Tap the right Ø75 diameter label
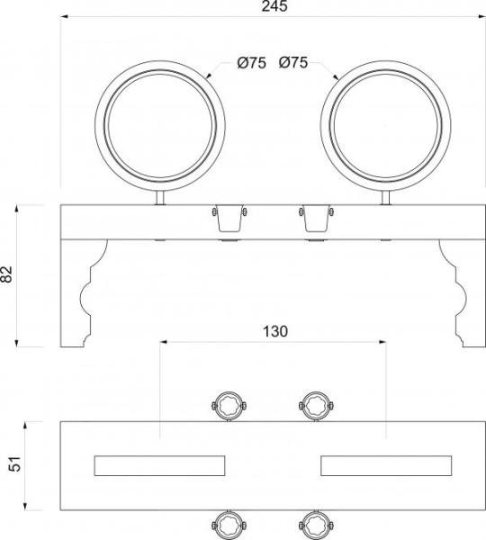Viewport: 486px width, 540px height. [294, 63]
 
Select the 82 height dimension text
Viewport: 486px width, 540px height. [8, 275]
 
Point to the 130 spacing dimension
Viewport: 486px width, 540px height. [274, 331]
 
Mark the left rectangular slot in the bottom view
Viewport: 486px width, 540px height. [159, 465]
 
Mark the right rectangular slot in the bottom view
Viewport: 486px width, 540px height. [386, 465]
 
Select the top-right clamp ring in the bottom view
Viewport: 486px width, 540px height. [315, 404]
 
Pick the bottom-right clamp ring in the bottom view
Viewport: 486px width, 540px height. [315, 526]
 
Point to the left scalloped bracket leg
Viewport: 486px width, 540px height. [85, 293]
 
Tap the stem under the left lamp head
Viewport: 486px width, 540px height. [160, 196]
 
